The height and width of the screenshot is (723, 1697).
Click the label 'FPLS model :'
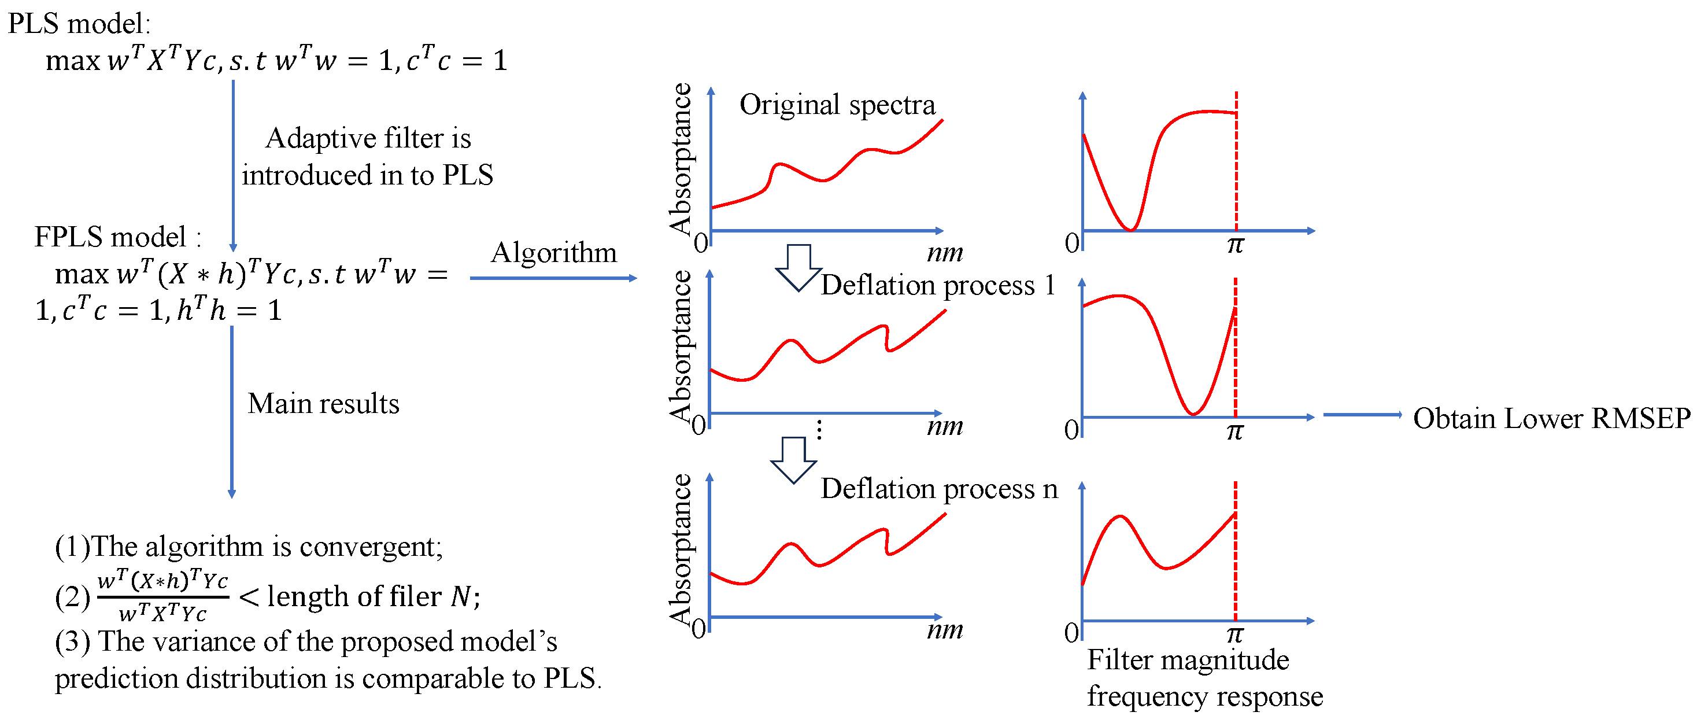coord(117,237)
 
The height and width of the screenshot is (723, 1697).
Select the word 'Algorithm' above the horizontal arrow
coord(553,252)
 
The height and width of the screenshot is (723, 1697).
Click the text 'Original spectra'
coord(837,105)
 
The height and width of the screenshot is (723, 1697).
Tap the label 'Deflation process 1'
coord(937,285)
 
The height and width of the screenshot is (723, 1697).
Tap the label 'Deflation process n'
coord(939,489)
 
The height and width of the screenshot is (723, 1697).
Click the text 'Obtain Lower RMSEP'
coord(1551,419)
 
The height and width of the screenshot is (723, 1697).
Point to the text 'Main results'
coord(323,403)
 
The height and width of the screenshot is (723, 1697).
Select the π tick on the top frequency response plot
coord(1235,245)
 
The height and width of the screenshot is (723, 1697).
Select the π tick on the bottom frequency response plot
coord(1235,634)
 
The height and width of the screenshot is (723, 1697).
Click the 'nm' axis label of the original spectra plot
coord(945,252)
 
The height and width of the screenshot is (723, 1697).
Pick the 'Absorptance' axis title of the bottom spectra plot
coord(681,548)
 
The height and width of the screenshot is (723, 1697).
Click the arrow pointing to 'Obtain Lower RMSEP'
coord(1362,415)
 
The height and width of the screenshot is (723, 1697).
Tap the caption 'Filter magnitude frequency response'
coord(1204,677)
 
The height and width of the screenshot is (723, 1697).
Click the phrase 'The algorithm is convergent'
coord(265,547)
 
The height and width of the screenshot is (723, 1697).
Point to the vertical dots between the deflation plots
coord(819,430)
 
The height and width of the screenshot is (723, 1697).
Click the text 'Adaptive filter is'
coord(368,138)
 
